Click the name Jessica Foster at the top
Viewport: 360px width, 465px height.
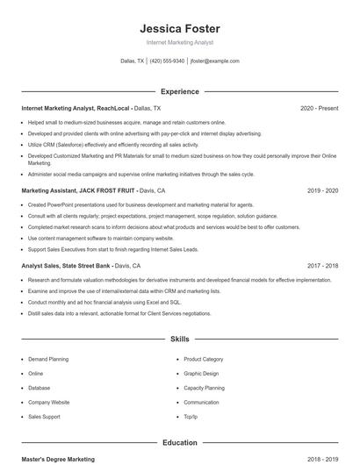(x=179, y=28)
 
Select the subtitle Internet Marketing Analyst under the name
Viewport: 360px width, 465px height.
(x=179, y=42)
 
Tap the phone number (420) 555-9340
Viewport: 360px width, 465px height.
(x=167, y=61)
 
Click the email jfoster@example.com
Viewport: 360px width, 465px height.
(x=214, y=61)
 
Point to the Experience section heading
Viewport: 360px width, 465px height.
(x=179, y=91)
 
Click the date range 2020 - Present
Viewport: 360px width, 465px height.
(x=319, y=108)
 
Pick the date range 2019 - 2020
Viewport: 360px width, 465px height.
(x=322, y=190)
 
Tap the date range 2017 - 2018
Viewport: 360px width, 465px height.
(x=322, y=265)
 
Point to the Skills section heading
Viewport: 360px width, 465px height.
(x=179, y=338)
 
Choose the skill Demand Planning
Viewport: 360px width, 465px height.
(x=47, y=359)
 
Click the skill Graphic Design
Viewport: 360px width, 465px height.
(x=201, y=373)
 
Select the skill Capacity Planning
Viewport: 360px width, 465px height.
(x=204, y=387)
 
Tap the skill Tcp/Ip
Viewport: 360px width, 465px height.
(x=191, y=416)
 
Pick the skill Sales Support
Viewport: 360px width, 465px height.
(x=44, y=416)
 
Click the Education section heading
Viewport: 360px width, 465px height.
(x=179, y=443)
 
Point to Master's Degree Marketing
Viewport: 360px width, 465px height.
(x=58, y=459)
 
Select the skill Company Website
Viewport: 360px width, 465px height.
(x=49, y=402)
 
